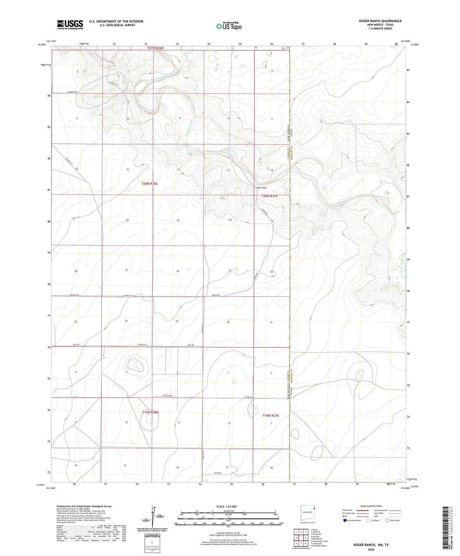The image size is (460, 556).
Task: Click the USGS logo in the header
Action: pos(70,25)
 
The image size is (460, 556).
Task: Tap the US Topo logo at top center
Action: pos(228,26)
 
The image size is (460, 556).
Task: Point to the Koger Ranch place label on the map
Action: pos(262,188)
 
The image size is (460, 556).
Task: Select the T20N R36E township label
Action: pos(149,184)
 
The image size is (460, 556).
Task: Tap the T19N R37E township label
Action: pos(271,416)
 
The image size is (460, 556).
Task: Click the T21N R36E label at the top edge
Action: pos(155,48)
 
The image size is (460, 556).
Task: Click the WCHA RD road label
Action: pos(218,473)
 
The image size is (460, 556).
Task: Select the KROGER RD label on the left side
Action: pos(74,295)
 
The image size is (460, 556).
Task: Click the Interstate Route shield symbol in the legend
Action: pos(345,520)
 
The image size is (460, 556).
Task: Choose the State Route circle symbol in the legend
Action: pos(387,520)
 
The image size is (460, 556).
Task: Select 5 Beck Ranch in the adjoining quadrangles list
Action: pos(316,539)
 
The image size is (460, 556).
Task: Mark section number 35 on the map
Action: pos(177,321)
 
